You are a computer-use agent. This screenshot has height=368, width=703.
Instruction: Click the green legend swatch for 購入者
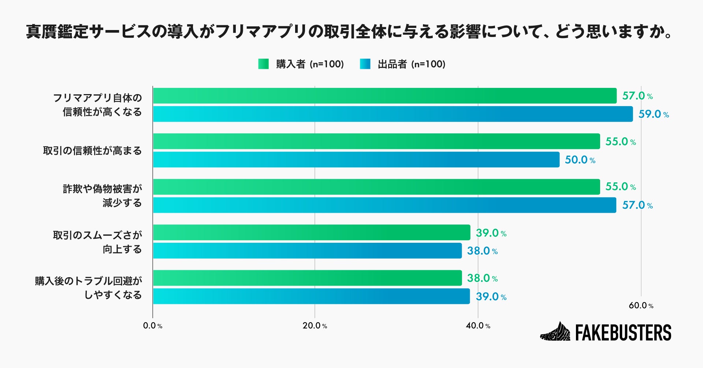point(263,64)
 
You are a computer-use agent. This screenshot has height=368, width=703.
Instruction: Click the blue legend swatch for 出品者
point(365,64)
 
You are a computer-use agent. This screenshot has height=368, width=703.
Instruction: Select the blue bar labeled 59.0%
point(393,114)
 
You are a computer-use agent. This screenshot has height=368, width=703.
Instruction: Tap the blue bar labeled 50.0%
point(356,160)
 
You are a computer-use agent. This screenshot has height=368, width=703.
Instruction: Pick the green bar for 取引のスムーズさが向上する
point(311,233)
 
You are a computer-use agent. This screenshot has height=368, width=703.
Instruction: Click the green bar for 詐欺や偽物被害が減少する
point(376,187)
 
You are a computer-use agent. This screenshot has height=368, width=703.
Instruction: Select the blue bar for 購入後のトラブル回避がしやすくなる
point(311,296)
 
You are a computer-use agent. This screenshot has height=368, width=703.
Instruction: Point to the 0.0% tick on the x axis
point(152,326)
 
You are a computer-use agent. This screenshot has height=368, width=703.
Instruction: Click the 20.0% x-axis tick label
point(315,326)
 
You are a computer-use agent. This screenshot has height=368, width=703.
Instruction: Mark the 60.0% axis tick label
point(641,305)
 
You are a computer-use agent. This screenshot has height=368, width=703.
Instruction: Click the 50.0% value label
point(580,160)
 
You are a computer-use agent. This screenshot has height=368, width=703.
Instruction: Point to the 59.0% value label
point(654,114)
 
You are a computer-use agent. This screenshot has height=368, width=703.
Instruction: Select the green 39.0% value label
point(491,233)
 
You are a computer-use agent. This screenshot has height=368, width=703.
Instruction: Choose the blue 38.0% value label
point(482,251)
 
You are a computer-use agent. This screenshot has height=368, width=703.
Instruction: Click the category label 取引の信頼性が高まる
point(92,151)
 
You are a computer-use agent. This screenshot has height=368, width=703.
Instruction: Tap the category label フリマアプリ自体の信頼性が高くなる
point(98,105)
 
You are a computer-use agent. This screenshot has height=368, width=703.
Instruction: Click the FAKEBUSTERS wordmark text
point(623,332)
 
